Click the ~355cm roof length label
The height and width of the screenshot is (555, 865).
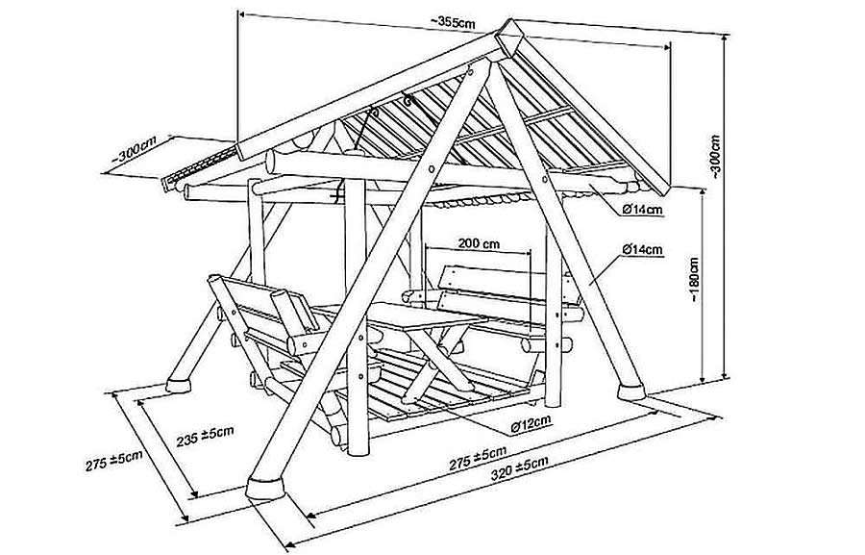[453, 23]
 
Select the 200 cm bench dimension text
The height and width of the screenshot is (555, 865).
[479, 243]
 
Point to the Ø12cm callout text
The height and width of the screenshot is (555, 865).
[531, 423]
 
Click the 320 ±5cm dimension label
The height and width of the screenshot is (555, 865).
[520, 467]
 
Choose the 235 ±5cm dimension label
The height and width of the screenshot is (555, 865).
[206, 436]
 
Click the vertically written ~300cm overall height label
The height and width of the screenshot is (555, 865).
[715, 157]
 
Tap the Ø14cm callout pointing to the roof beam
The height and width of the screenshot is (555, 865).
[642, 210]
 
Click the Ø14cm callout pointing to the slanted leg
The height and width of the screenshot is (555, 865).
[642, 250]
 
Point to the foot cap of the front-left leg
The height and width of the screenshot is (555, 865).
[265, 489]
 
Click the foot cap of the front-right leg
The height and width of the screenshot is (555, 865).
[631, 392]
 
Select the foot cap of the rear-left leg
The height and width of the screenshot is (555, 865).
[178, 385]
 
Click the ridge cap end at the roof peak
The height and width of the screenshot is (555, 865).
[508, 36]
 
